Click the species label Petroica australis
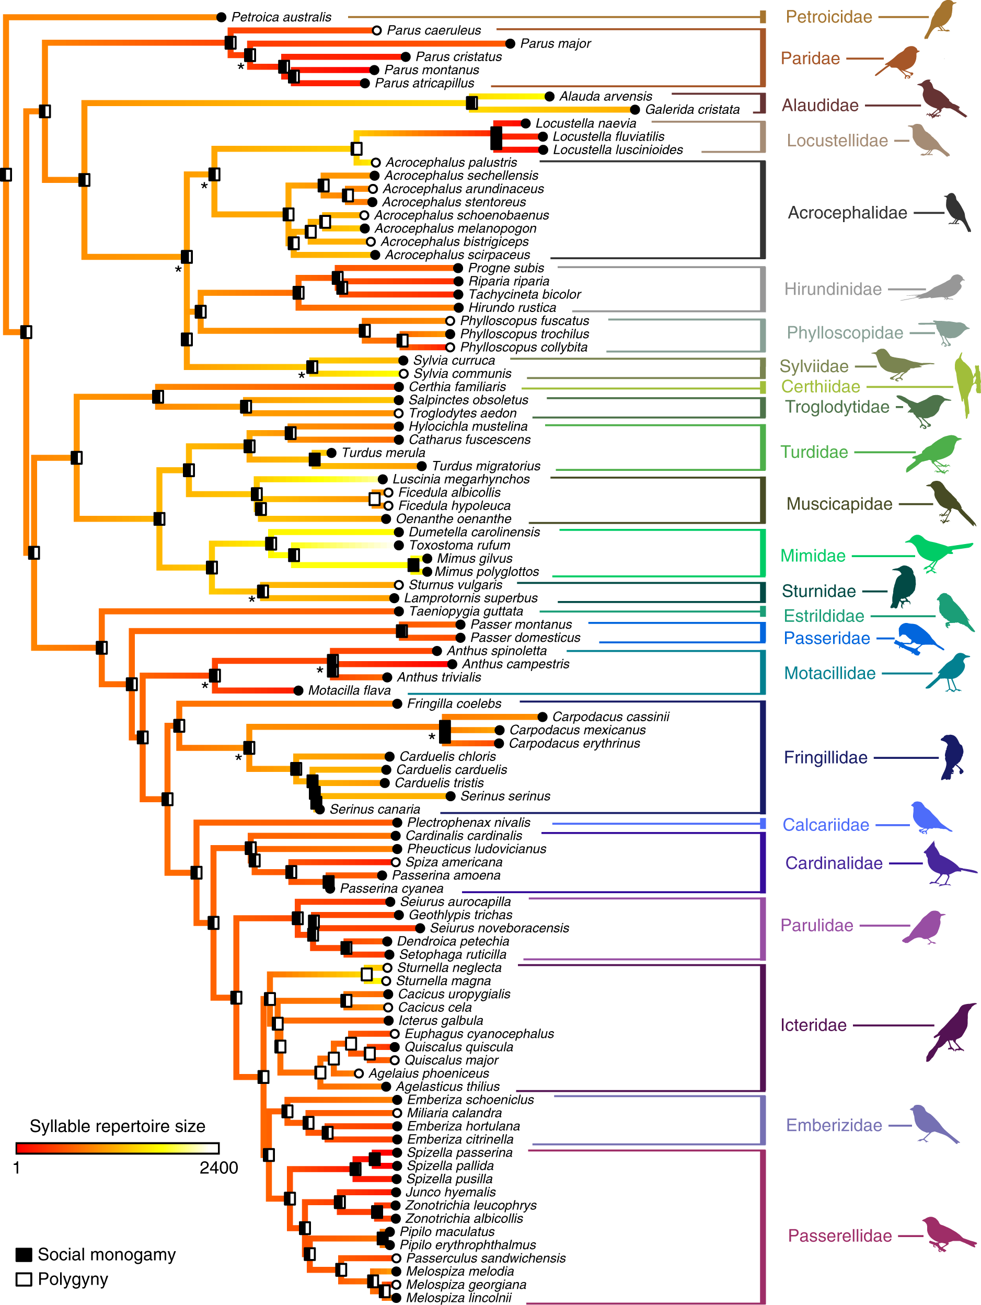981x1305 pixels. click(281, 17)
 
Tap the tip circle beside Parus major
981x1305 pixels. click(510, 44)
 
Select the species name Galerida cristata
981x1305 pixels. click(692, 110)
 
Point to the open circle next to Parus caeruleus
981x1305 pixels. click(377, 30)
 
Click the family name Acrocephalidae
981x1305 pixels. click(847, 213)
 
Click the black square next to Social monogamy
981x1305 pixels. click(24, 1255)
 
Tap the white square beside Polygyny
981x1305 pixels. click(24, 1279)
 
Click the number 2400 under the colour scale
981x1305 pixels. click(218, 1168)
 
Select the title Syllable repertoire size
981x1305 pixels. click(118, 1126)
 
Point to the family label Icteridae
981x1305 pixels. click(813, 1025)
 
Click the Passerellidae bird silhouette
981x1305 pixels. click(947, 1234)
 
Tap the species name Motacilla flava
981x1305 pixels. click(349, 691)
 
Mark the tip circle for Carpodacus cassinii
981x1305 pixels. click(542, 717)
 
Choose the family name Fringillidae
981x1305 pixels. click(825, 757)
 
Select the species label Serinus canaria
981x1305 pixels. click(375, 810)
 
